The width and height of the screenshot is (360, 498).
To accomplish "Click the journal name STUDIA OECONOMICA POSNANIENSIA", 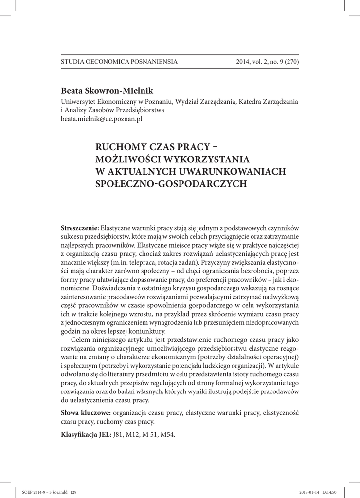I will pyautogui.click(x=119, y=62).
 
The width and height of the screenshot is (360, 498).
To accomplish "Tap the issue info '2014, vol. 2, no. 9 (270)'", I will pyautogui.click(x=267, y=62).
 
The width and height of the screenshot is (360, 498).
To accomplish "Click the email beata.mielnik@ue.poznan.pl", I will pyautogui.click(x=101, y=119).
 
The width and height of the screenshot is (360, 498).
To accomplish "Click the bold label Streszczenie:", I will pyautogui.click(x=80, y=228).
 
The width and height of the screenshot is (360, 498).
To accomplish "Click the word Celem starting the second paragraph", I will pyautogui.click(x=81, y=339).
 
